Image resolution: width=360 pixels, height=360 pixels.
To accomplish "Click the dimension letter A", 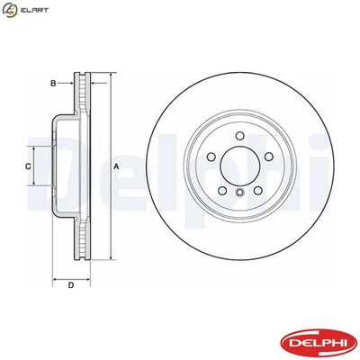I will [116, 166].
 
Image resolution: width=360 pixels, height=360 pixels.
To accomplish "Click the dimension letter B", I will [53, 84].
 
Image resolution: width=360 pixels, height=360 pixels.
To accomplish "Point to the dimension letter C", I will [28, 166].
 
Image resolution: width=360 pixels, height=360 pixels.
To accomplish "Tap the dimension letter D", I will [70, 286].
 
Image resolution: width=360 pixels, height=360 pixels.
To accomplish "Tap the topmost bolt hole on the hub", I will [239, 138].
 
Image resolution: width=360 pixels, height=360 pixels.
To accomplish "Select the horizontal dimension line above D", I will [70, 275].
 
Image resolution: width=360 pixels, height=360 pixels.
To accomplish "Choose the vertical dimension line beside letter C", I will [37, 166].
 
